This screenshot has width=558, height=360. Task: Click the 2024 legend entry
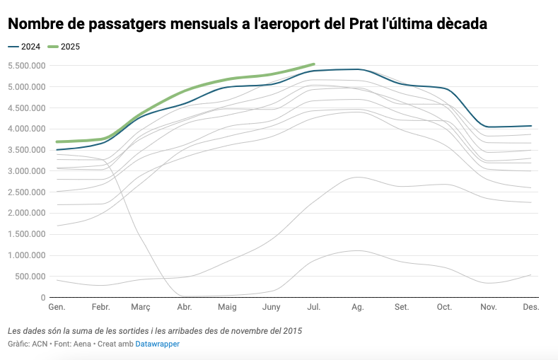[x=25, y=47]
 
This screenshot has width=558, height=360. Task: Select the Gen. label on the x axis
[x=56, y=308]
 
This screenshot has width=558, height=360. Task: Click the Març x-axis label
[x=141, y=308]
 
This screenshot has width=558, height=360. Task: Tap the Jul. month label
[x=313, y=308]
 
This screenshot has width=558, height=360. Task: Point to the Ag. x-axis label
[x=357, y=308]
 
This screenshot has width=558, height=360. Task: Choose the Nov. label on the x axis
[x=489, y=308]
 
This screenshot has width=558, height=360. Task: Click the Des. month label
[x=531, y=308]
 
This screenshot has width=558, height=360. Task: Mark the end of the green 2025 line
[x=313, y=64]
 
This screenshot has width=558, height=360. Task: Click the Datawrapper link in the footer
[x=157, y=344]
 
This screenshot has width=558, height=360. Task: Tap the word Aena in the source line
[x=83, y=344]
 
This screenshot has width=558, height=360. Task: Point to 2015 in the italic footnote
[x=301, y=330]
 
